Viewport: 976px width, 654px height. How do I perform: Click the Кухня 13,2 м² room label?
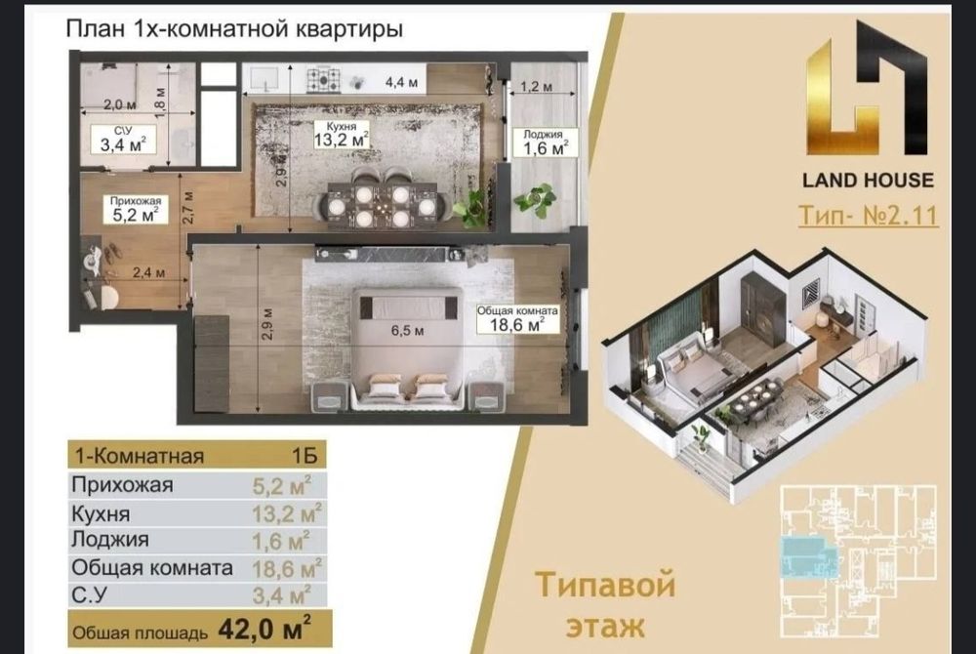341,135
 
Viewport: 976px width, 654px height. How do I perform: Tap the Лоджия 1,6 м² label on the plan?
545,143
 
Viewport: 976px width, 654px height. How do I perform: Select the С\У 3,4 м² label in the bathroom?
123,140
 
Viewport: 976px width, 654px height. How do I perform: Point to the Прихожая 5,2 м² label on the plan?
135,210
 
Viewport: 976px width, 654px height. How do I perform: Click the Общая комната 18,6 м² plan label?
517,318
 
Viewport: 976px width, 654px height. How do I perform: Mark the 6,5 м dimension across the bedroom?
407,331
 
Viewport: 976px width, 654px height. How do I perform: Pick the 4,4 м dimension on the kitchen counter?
401,82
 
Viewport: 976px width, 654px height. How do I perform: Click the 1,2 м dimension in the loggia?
536,87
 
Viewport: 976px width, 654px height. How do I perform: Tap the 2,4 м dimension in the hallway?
148,272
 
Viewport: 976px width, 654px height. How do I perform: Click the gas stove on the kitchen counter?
324,80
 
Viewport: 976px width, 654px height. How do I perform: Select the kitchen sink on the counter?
266,79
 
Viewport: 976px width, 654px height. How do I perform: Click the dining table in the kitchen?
383,203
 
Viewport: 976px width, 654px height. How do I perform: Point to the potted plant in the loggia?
535,198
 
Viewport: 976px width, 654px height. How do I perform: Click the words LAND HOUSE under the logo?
868,181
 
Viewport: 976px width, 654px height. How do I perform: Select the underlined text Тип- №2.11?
869,216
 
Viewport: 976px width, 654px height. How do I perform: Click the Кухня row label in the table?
101,514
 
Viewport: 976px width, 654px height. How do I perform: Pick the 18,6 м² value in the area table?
286,568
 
